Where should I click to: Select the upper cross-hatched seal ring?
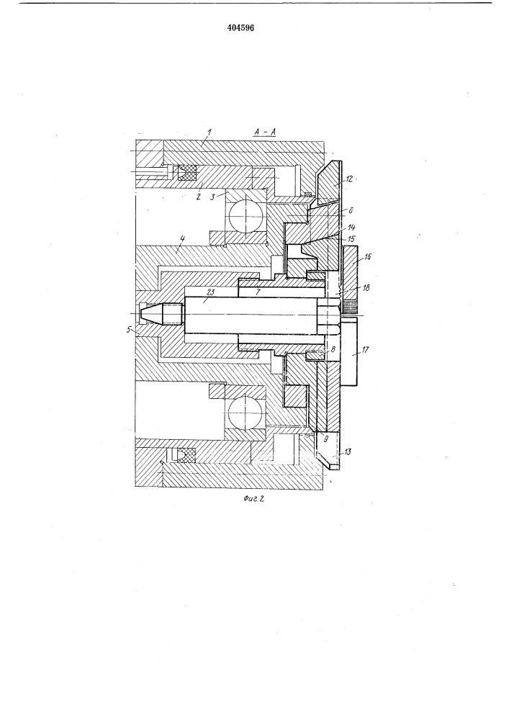coord(189,174)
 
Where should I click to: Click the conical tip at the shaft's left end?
coord(154,314)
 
